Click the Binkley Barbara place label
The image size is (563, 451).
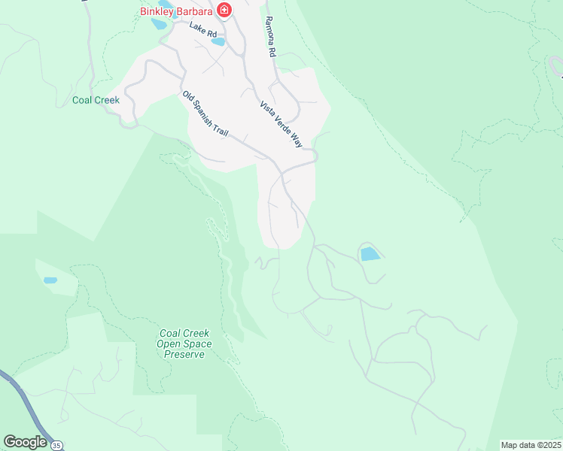pyautogui.click(x=177, y=11)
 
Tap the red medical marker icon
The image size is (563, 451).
pyautogui.click(x=224, y=10)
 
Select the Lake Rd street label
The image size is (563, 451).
pyautogui.click(x=202, y=30)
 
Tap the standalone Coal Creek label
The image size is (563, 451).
pyautogui.click(x=96, y=100)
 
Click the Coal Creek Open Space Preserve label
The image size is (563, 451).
pyautogui.click(x=184, y=344)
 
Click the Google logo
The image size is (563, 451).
pyautogui.click(x=24, y=441)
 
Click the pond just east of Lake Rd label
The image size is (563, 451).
pyautogui.click(x=218, y=42)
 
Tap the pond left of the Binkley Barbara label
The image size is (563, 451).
pyautogui.click(x=159, y=23)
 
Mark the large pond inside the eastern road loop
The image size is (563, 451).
pyautogui.click(x=370, y=254)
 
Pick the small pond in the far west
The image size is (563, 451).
pyautogui.click(x=50, y=280)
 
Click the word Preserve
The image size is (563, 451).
pyautogui.click(x=184, y=354)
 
